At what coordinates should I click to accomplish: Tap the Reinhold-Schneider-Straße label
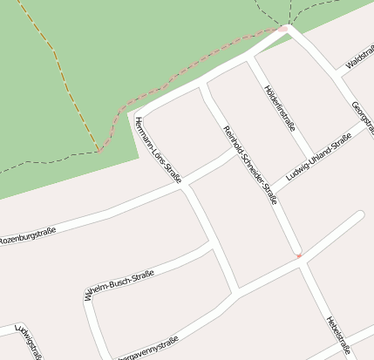click(x=250, y=165)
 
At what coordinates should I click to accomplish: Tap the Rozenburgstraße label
click(x=28, y=235)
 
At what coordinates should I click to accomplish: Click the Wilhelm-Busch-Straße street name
click(x=119, y=286)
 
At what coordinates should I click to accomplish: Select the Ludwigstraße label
click(x=29, y=342)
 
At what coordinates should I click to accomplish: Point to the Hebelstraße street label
click(x=337, y=336)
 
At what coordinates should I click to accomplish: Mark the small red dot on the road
click(x=298, y=255)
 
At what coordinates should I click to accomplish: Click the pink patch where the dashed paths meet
click(x=282, y=29)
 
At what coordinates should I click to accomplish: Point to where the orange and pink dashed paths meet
click(x=99, y=150)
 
